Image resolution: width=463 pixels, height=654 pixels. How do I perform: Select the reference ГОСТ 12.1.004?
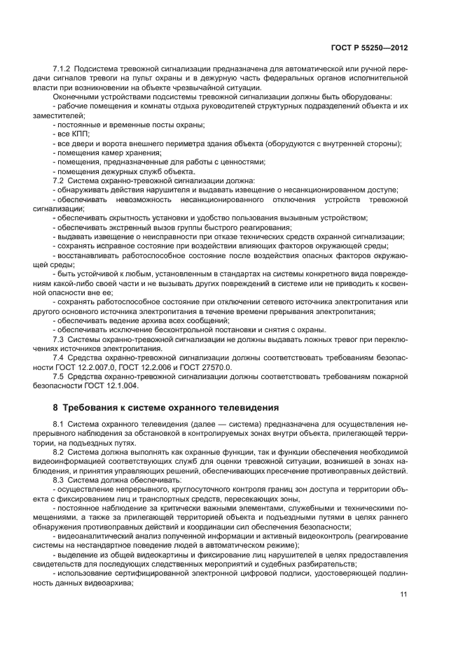(x=113, y=385)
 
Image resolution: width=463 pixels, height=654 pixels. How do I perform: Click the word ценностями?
(x=242, y=162)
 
